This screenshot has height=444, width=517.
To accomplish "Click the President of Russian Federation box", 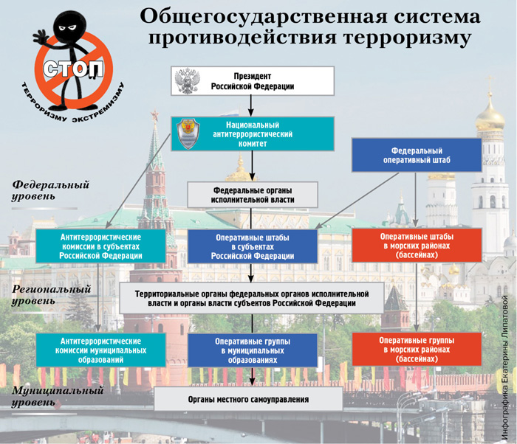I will click(253, 81).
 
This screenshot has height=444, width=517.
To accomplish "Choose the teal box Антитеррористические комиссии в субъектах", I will click(100, 246).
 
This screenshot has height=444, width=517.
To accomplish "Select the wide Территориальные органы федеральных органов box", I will click(252, 299).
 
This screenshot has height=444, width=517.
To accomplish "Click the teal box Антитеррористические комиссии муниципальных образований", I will click(100, 350).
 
